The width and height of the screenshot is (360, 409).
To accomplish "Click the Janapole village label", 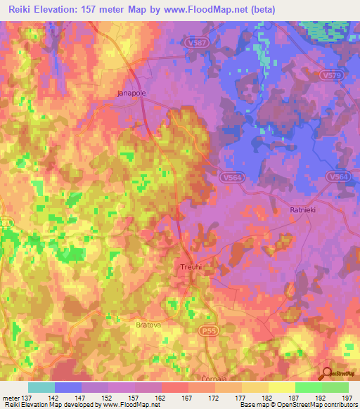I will [130, 92].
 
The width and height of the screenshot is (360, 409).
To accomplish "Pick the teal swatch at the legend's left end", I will [41, 387].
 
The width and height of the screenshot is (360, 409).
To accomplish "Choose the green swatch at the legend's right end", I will [335, 387].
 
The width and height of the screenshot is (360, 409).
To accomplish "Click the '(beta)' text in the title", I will [260, 9].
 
